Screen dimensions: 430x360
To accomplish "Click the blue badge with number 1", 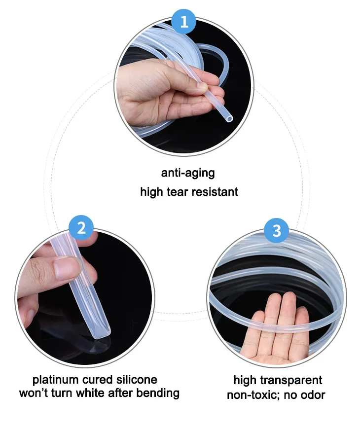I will click(x=183, y=21).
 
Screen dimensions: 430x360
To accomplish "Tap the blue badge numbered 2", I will click(x=82, y=227).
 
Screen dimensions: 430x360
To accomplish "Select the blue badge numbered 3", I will click(x=277, y=230).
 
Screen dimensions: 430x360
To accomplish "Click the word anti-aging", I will click(x=188, y=174).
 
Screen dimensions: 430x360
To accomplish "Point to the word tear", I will click(x=183, y=192).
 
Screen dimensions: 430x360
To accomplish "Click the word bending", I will click(x=157, y=394).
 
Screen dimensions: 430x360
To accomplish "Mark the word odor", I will click(x=312, y=395).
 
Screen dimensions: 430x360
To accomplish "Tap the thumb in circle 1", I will click(x=185, y=87).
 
